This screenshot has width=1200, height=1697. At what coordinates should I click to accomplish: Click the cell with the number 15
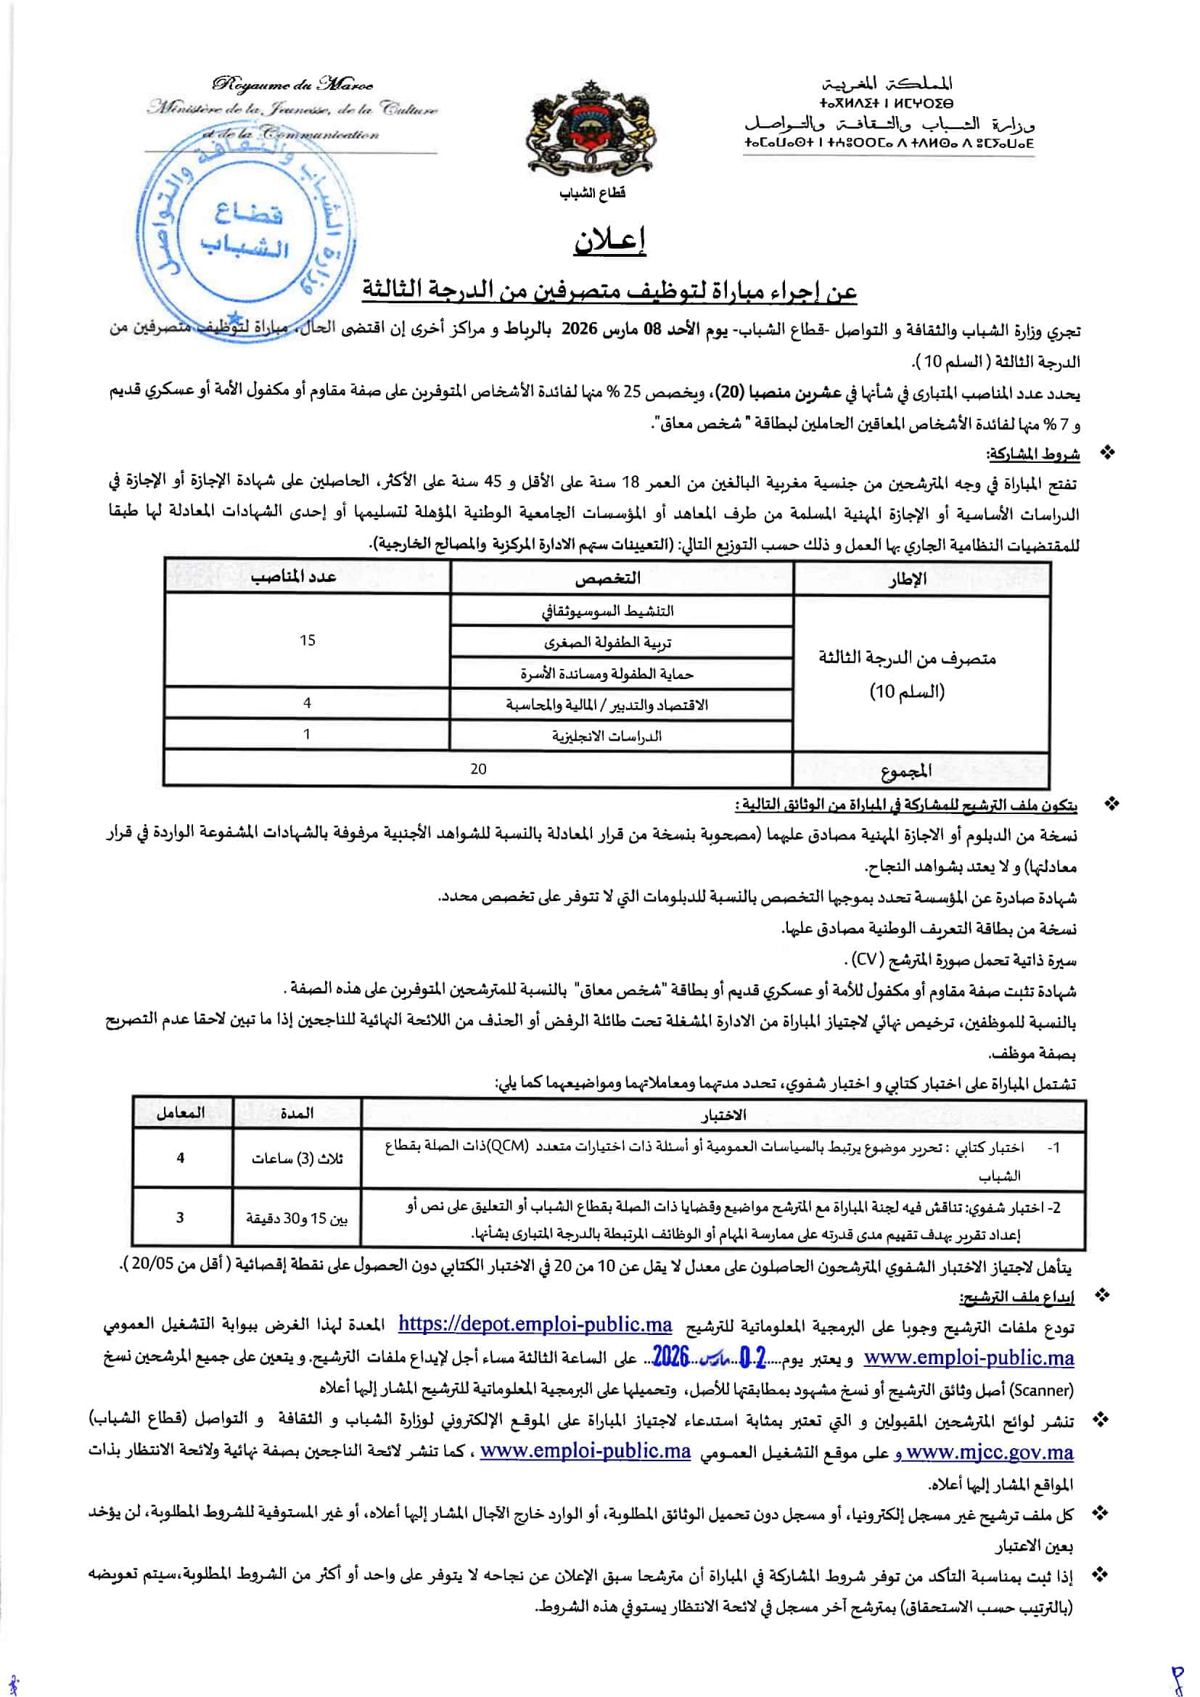308,641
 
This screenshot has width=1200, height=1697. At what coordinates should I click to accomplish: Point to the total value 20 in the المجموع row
478,769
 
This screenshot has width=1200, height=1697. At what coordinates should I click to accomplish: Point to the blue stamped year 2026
671,1355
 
